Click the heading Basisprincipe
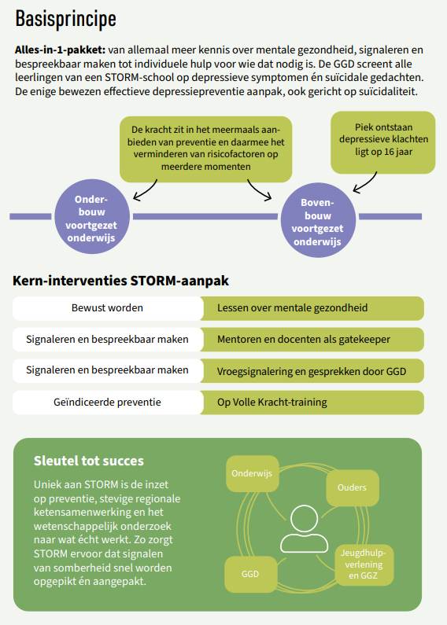coord(66,19)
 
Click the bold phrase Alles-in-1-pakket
coord(61,50)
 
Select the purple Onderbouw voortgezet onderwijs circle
coord(92,217)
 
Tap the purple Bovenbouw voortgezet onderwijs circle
coord(318,220)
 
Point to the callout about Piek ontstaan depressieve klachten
coord(383,142)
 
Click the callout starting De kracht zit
coord(206,149)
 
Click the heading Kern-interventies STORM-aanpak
coord(120,281)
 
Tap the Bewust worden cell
coord(108,308)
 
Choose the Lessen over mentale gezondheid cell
coord(312,308)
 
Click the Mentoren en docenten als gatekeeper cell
coord(312,339)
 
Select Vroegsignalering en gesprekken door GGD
coord(312,371)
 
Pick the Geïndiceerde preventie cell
coord(108,403)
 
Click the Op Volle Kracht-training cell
coord(312,403)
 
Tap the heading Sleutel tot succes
coord(89,461)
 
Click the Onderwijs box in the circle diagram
coord(253,473)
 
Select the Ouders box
coord(352,488)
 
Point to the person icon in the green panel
coord(304,528)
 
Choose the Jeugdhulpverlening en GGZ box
coord(364,564)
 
